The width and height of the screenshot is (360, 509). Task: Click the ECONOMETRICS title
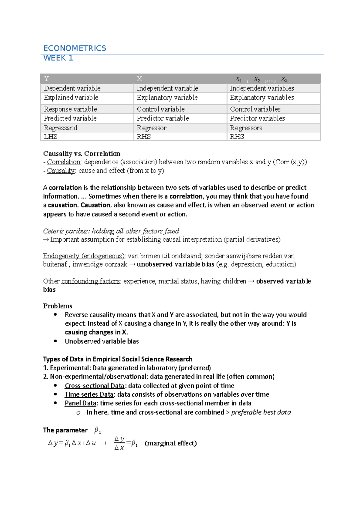(75, 48)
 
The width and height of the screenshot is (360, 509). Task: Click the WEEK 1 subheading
(58, 58)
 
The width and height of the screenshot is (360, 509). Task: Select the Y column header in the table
(46, 79)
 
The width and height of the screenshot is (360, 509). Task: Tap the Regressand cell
(61, 128)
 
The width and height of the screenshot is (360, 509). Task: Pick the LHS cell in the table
(51, 137)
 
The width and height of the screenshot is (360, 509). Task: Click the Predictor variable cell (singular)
(163, 118)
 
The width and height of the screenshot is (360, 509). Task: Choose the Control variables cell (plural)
(255, 109)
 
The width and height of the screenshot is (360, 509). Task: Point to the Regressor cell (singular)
(151, 128)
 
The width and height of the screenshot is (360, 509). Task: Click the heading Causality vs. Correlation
(82, 154)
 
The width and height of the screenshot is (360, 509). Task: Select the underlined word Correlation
(64, 162)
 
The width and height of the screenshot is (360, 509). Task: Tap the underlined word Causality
(61, 171)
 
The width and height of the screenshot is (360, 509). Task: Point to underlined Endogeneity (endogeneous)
(84, 256)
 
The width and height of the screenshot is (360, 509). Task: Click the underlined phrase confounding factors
(91, 281)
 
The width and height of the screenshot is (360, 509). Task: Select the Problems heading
(58, 306)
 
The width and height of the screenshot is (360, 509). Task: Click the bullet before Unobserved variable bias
(55, 341)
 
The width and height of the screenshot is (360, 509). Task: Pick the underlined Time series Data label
(89, 394)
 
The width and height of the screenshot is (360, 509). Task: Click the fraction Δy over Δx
(119, 443)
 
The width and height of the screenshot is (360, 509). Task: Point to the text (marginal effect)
(171, 443)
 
